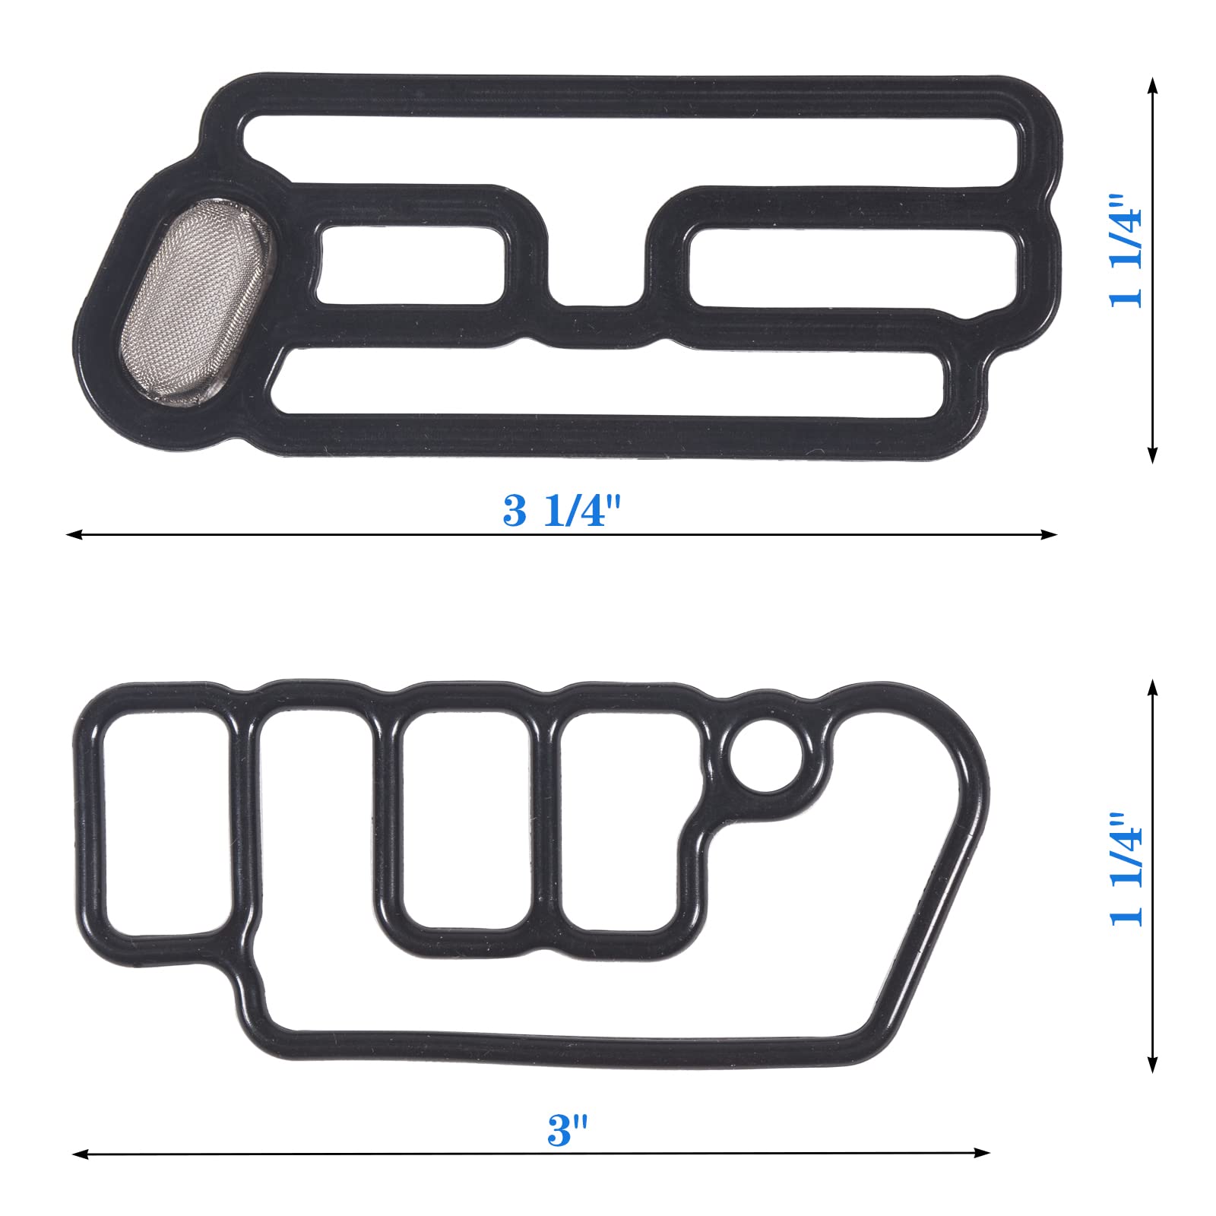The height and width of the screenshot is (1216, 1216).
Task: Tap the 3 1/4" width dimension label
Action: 562,510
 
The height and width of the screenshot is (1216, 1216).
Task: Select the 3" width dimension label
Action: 568,1129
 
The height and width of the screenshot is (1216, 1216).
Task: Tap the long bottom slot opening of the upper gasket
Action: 608,382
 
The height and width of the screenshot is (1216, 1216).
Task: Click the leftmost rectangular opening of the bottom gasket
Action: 166,824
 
